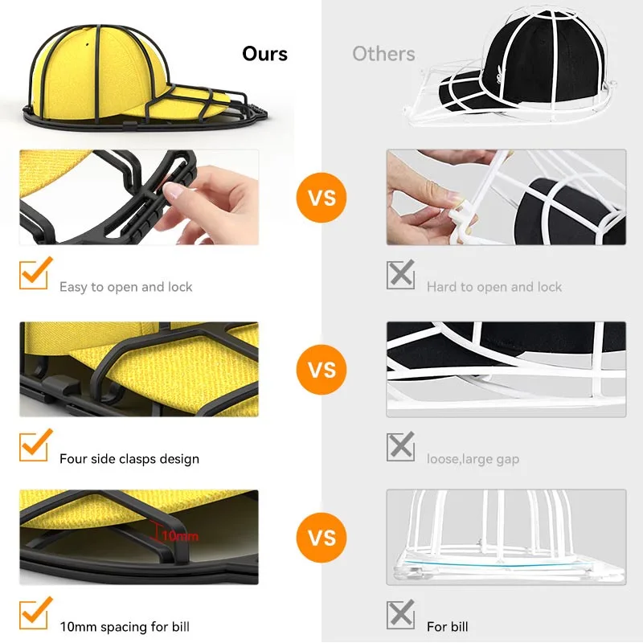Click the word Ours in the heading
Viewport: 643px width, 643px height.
(x=264, y=54)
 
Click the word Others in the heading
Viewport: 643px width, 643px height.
(x=383, y=54)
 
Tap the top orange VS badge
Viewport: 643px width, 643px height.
(x=321, y=197)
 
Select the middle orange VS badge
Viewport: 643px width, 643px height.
(x=321, y=370)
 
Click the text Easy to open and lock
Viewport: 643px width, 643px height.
(x=125, y=287)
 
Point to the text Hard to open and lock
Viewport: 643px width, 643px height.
(x=494, y=287)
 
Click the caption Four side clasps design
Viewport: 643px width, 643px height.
(x=129, y=459)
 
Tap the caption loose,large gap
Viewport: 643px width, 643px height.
(x=473, y=459)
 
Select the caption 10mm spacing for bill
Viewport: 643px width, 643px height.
(x=124, y=626)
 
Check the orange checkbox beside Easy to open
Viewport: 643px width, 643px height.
(x=35, y=274)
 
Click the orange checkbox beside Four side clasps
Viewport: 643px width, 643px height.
(x=35, y=445)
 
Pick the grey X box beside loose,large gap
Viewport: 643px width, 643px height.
(x=400, y=446)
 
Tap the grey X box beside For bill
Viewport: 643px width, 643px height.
(x=400, y=615)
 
